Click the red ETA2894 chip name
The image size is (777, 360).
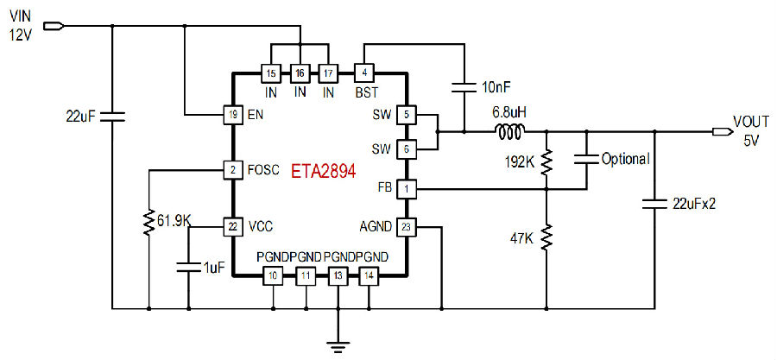[x=323, y=171]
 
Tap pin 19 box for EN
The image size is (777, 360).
[x=232, y=116]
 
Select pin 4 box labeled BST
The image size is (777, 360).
[x=364, y=73]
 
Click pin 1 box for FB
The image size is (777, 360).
[x=407, y=189]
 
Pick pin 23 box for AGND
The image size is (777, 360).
[x=407, y=227]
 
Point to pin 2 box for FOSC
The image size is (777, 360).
[x=232, y=170]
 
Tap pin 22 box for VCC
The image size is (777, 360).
[x=232, y=227]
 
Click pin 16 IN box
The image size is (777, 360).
[x=300, y=73]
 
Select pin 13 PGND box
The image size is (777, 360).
[x=338, y=275]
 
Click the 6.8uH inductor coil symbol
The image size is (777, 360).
[x=509, y=132]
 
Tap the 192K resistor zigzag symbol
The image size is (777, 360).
[x=546, y=162]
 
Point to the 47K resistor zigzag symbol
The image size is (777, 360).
[x=546, y=237]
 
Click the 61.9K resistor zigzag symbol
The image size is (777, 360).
[x=148, y=223]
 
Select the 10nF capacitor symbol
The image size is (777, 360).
[x=464, y=88]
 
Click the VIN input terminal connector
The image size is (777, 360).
[x=54, y=26]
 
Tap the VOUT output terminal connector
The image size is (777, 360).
[x=723, y=132]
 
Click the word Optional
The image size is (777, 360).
[x=625, y=160]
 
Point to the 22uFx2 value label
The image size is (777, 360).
[x=694, y=204]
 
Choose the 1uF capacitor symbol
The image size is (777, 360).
[x=188, y=267]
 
